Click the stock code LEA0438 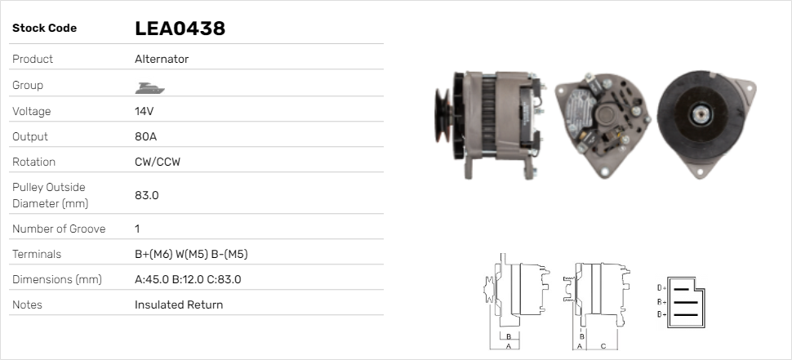pyautogui.click(x=180, y=29)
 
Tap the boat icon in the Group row pyautogui.click(x=150, y=88)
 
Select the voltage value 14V pyautogui.click(x=144, y=111)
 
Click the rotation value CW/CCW pyautogui.click(x=158, y=162)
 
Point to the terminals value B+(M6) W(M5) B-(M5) pyautogui.click(x=191, y=254)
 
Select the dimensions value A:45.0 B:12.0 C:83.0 pyautogui.click(x=188, y=279)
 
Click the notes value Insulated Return pyautogui.click(x=179, y=305)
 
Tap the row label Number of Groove pyautogui.click(x=59, y=229)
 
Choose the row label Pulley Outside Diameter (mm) pyautogui.click(x=50, y=195)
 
